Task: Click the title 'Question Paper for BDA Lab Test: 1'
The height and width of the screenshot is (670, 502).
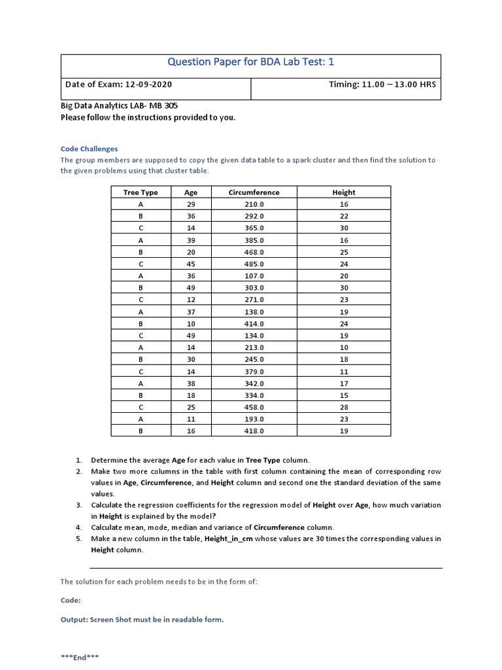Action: pyautogui.click(x=251, y=63)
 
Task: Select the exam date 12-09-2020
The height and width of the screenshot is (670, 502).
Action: pyautogui.click(x=148, y=84)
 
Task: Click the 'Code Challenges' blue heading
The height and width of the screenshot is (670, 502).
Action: pyautogui.click(x=89, y=149)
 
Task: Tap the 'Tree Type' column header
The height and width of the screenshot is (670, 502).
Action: pyautogui.click(x=141, y=192)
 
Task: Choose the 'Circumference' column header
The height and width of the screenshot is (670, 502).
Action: pyautogui.click(x=254, y=192)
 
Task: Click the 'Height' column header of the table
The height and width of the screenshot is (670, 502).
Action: pyautogui.click(x=344, y=192)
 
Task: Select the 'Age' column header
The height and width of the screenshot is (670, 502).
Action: pyautogui.click(x=191, y=192)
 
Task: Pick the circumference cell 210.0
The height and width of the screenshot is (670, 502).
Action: pyautogui.click(x=254, y=204)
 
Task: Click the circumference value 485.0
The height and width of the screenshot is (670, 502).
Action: pyautogui.click(x=254, y=264)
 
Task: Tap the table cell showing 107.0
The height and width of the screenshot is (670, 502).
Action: pyautogui.click(x=254, y=276)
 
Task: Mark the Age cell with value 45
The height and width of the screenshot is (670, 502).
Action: pyautogui.click(x=191, y=264)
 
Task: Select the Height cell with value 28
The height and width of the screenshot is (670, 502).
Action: pyautogui.click(x=344, y=407)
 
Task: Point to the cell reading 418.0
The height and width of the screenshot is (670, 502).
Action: pyautogui.click(x=254, y=431)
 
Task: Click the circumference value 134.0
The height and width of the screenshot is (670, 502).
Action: pyautogui.click(x=254, y=336)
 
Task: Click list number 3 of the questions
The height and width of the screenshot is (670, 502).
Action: pyautogui.click(x=78, y=505)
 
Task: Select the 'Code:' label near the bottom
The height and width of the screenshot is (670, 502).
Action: pyautogui.click(x=71, y=600)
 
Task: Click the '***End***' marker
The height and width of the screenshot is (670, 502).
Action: pyautogui.click(x=80, y=657)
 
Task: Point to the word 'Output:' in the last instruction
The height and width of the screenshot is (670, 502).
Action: pyautogui.click(x=74, y=620)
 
